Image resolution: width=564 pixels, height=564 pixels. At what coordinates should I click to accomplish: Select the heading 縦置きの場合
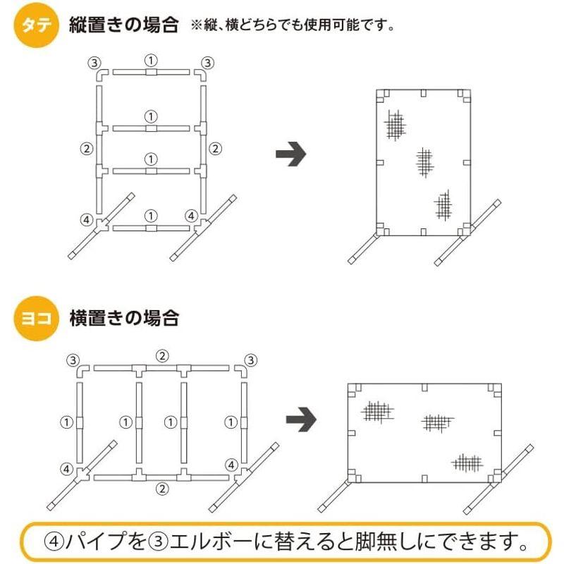[123, 26]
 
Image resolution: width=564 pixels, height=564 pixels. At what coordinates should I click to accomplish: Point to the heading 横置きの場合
[123, 319]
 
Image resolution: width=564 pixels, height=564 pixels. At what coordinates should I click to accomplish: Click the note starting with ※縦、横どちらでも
[292, 27]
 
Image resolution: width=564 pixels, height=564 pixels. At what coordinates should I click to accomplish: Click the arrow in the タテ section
[290, 155]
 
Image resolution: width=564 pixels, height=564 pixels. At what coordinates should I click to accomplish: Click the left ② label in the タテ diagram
[86, 148]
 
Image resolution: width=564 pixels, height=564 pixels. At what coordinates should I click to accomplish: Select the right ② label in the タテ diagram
[216, 148]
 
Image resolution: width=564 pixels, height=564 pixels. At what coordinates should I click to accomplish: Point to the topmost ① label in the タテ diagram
[150, 59]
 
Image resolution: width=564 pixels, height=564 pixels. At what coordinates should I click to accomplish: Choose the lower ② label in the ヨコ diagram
[162, 489]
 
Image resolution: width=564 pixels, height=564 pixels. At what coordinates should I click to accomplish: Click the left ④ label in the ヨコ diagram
[66, 468]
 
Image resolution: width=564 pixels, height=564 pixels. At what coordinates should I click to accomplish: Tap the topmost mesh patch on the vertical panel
[396, 125]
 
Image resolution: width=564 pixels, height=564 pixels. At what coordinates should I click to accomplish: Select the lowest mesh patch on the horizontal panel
[467, 462]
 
